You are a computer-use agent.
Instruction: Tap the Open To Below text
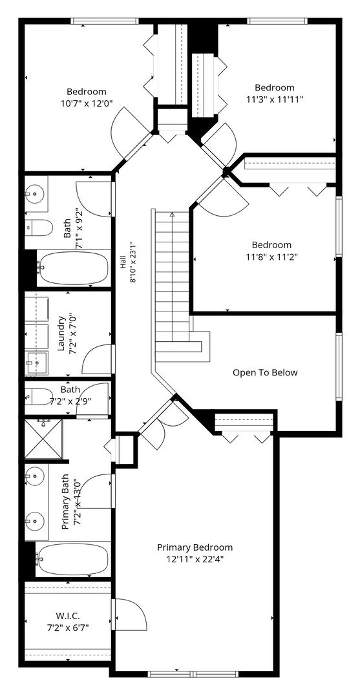265,373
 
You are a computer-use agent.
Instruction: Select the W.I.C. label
68,616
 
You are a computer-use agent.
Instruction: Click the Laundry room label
61,333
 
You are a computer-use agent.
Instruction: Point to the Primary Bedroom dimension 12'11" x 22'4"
195,560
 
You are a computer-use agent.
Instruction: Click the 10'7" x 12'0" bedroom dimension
87,103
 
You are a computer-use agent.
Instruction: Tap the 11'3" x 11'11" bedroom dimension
275,99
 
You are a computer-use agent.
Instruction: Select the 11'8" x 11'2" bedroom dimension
271,257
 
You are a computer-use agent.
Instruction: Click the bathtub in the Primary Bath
72,560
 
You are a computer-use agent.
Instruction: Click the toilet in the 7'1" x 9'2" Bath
39,227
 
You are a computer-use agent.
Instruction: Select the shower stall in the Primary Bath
43,438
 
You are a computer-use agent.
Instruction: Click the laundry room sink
36,364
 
